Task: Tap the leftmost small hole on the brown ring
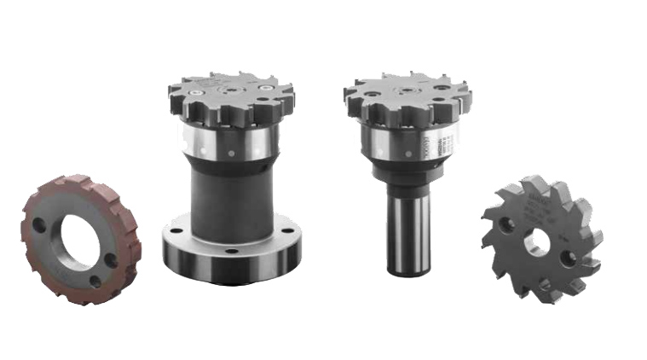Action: [38, 225]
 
